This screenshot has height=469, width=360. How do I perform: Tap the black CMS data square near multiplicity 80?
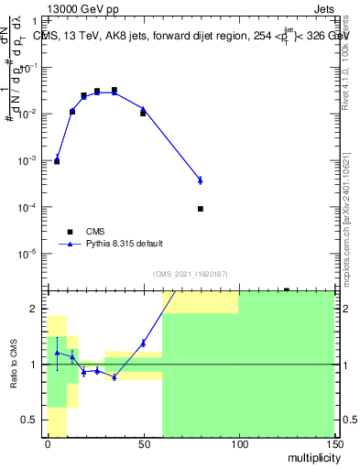click(201, 209)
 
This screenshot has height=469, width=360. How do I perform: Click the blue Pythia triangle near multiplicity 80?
click(201, 180)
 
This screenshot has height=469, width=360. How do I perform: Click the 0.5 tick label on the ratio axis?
click(34, 420)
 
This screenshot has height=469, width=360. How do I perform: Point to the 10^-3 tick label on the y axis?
click(32, 160)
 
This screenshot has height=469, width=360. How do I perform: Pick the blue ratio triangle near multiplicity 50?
click(143, 343)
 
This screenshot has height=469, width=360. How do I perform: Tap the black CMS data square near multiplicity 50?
click(143, 114)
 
